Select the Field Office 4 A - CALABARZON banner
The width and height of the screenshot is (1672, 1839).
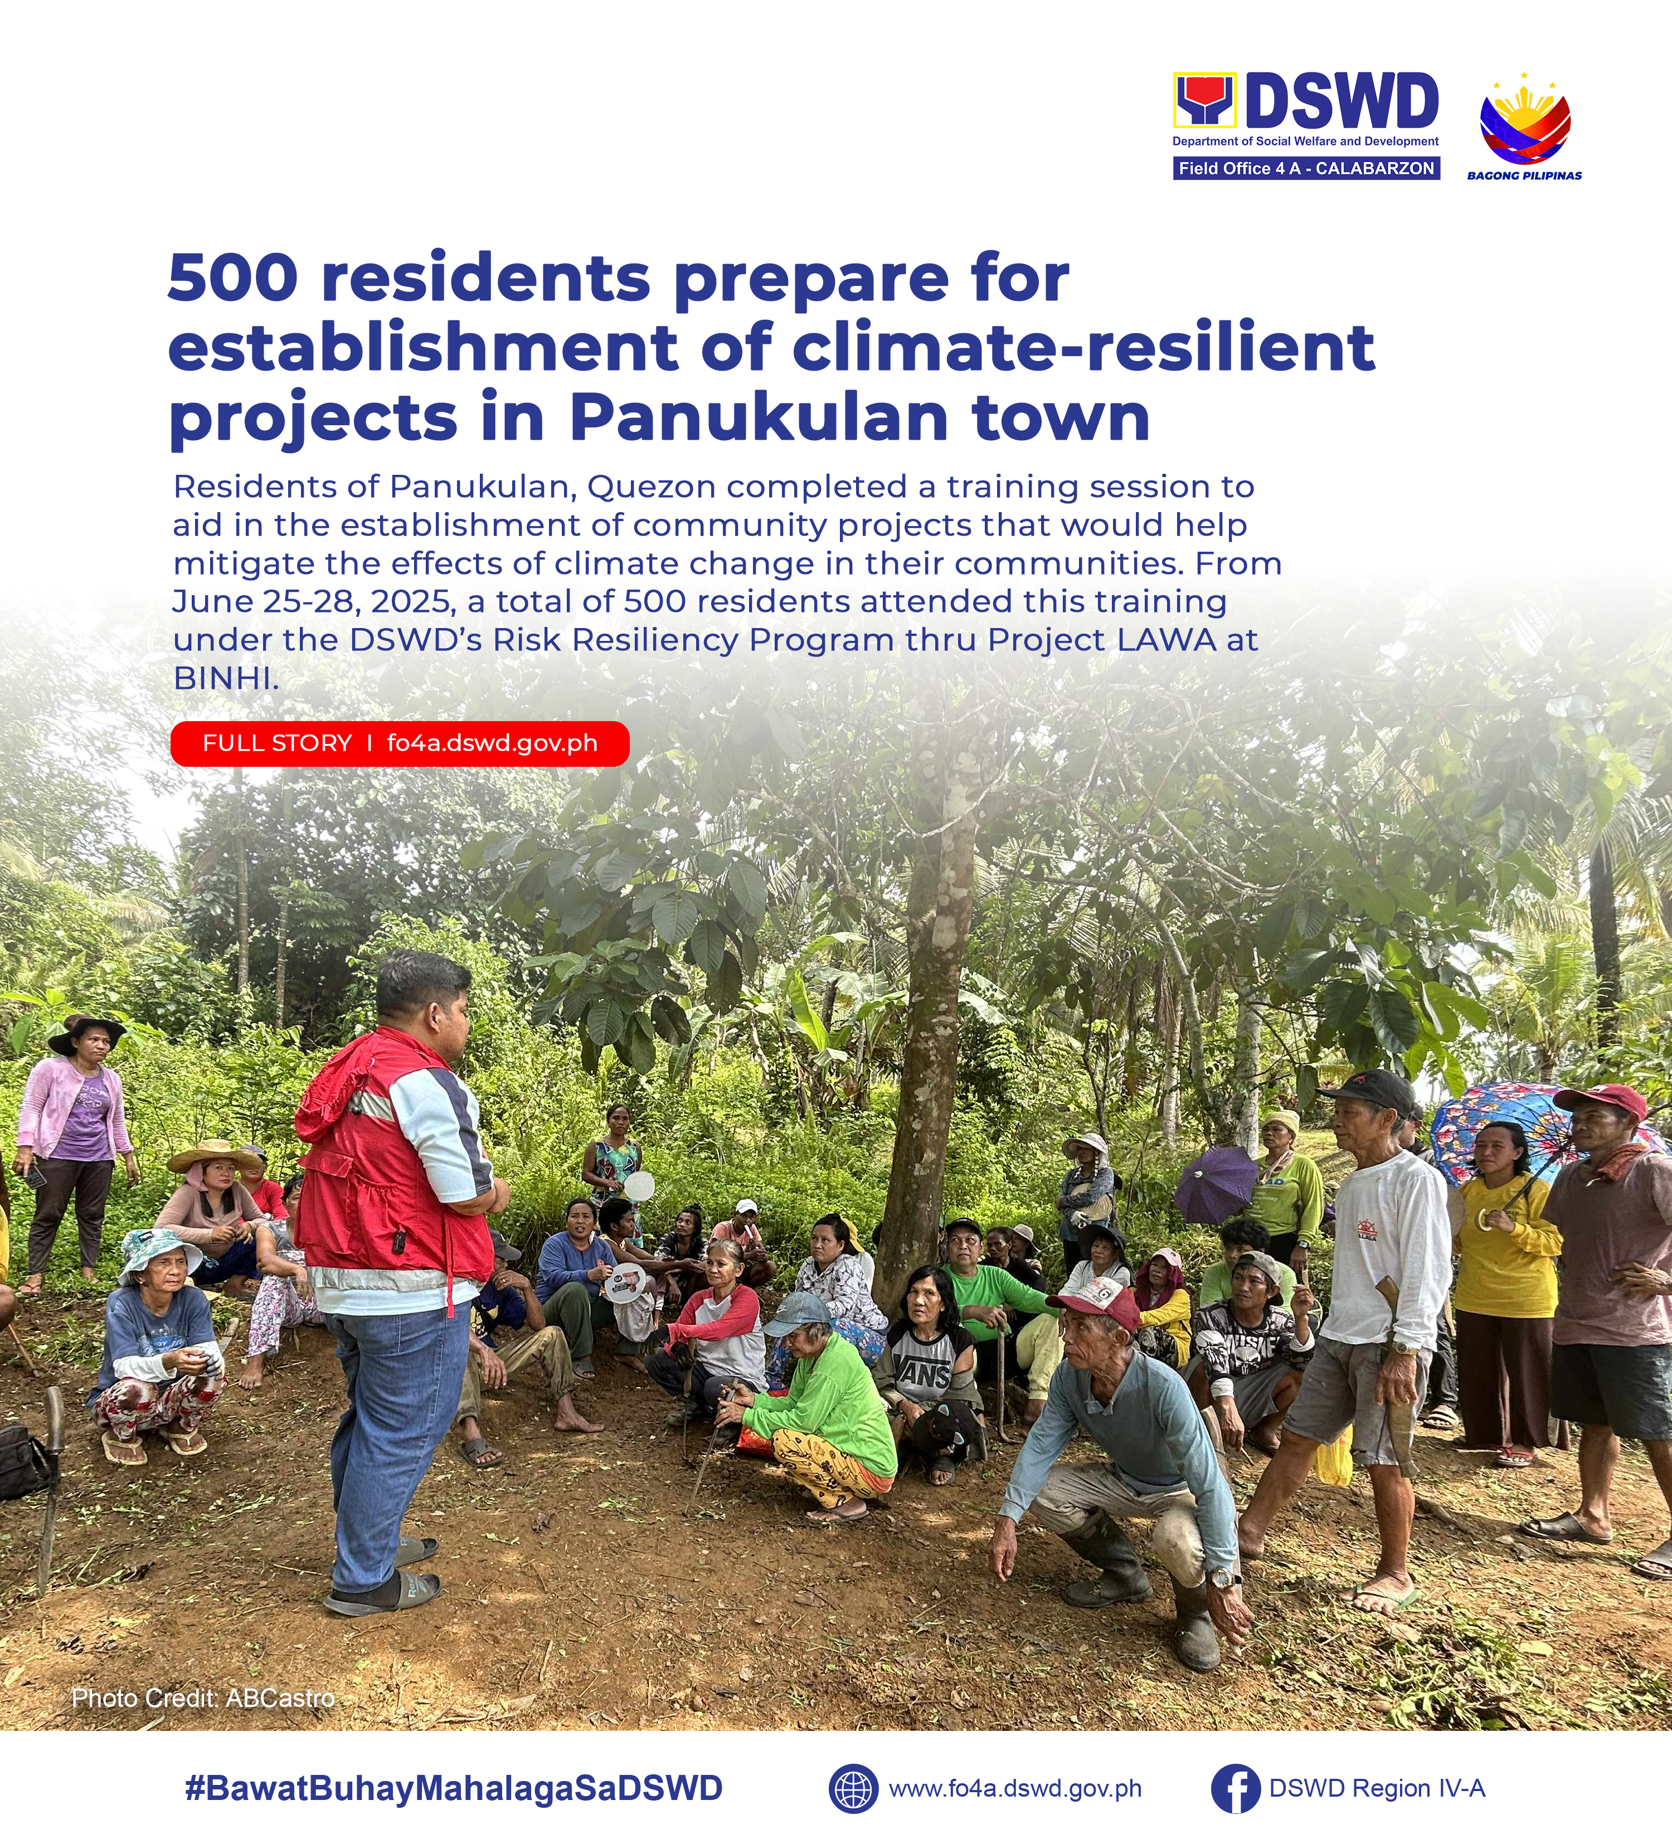(1306, 168)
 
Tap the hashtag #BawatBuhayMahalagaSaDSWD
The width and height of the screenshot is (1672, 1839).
(453, 1788)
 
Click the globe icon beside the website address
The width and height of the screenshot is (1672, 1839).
(853, 1788)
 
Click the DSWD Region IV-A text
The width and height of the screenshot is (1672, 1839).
(1377, 1788)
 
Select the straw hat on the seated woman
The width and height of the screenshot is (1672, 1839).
(215, 1156)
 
